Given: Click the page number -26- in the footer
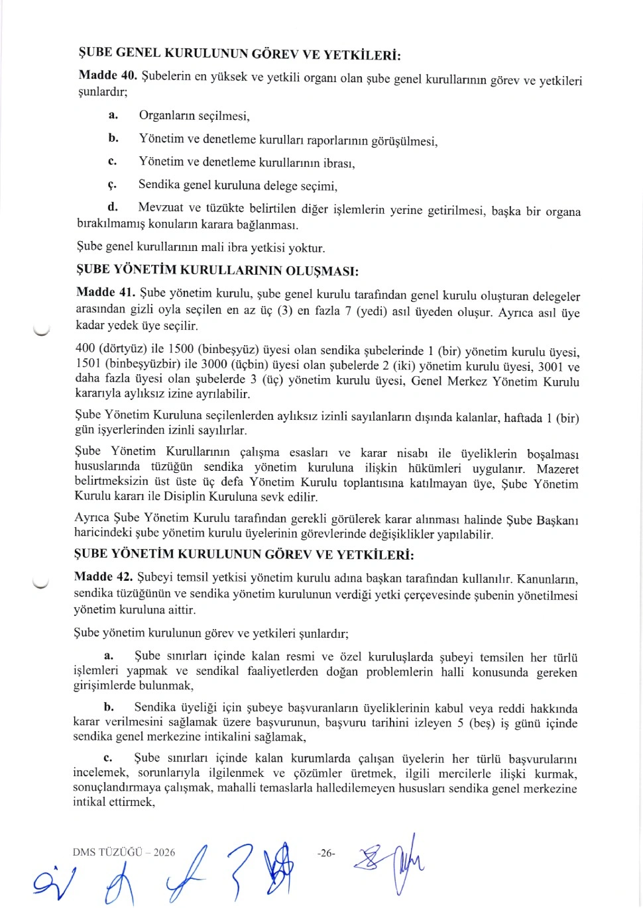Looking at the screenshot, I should click(x=326, y=853).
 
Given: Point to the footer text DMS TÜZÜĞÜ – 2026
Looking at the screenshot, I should click(x=124, y=852).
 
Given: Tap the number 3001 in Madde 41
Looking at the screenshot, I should click(x=550, y=366).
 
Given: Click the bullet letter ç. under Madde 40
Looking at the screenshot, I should click(x=112, y=184).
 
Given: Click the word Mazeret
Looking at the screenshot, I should click(x=557, y=469).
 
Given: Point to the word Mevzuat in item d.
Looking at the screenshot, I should click(x=161, y=207).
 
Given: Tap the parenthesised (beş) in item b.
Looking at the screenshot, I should click(x=482, y=723).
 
